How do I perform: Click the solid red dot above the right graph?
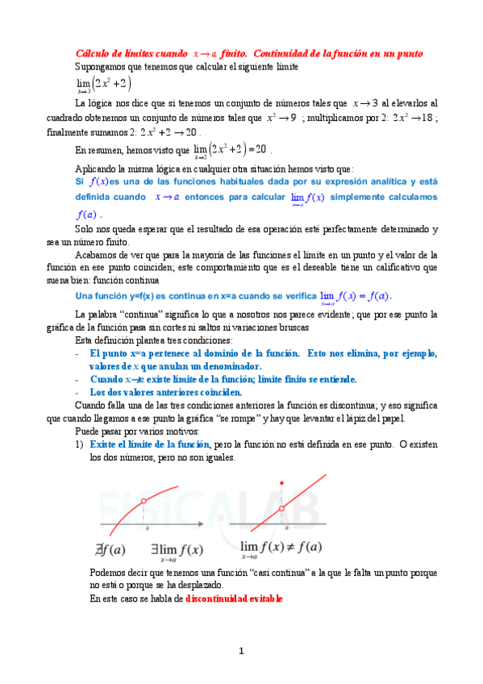pos(281,483)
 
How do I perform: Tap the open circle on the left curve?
pos(144,501)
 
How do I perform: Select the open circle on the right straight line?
pos(281,508)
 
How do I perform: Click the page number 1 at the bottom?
pos(240,650)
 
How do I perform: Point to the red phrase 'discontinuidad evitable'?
pos(235,599)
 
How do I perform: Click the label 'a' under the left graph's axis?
pos(148,530)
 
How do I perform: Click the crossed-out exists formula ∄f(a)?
pos(109,550)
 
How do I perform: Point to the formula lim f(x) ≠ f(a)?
pos(281,548)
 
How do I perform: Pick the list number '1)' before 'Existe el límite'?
pos(79,444)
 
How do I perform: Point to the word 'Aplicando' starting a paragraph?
pos(96,169)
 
